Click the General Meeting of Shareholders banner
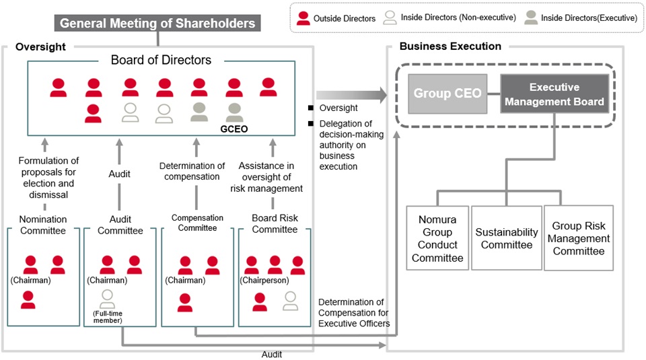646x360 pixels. (x=157, y=24)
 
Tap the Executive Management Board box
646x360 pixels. (x=554, y=94)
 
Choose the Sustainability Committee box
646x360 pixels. (x=507, y=238)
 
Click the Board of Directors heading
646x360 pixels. (x=161, y=61)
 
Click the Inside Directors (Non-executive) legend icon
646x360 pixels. (x=389, y=18)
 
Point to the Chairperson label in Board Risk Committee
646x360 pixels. (x=264, y=280)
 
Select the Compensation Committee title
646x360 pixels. (x=196, y=223)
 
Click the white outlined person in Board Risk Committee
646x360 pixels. (x=290, y=301)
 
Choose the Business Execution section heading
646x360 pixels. (x=450, y=46)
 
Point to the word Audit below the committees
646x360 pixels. (x=272, y=354)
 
